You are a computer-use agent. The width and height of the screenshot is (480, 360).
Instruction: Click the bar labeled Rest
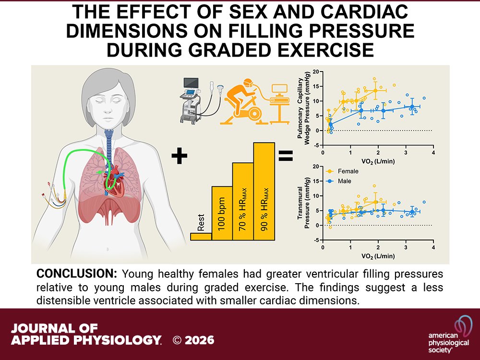[x=201, y=236]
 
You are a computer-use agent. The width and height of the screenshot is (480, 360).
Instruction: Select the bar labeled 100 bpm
[x=222, y=213]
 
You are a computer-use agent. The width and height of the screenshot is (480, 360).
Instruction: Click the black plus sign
[x=180, y=156]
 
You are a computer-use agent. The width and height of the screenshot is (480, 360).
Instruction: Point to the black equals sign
[x=286, y=156]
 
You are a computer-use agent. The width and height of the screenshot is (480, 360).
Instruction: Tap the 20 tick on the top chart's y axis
[x=315, y=72]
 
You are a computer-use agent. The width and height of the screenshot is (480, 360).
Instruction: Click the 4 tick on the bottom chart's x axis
[x=433, y=247]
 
